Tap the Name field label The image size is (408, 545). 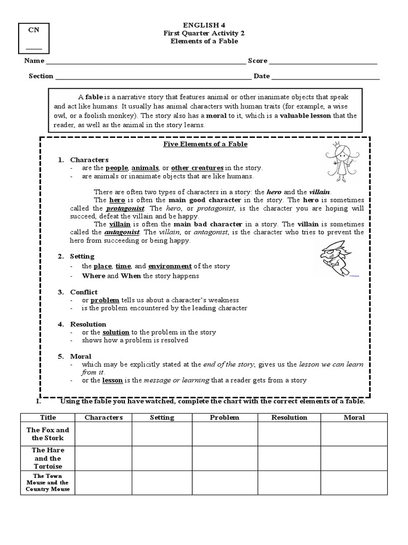33,61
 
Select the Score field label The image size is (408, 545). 257,61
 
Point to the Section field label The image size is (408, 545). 41,76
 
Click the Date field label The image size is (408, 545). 261,76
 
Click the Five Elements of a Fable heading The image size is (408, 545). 205,144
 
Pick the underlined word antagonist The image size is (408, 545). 122,233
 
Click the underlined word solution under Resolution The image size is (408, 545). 116,332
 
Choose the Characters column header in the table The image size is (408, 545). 104,418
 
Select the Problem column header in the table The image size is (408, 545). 225,418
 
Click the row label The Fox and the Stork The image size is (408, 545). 48,434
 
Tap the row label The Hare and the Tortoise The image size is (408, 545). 48,458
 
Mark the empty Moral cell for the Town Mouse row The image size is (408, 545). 354,482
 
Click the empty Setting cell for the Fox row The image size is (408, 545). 162,434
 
